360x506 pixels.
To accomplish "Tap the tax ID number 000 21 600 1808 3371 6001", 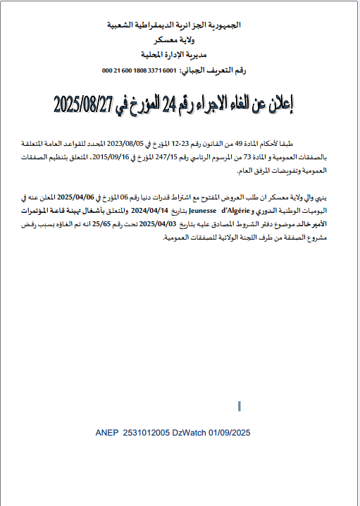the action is [x=139, y=70].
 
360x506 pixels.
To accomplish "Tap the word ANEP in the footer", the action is [x=107, y=432].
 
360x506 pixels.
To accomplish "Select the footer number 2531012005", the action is [x=147, y=432].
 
